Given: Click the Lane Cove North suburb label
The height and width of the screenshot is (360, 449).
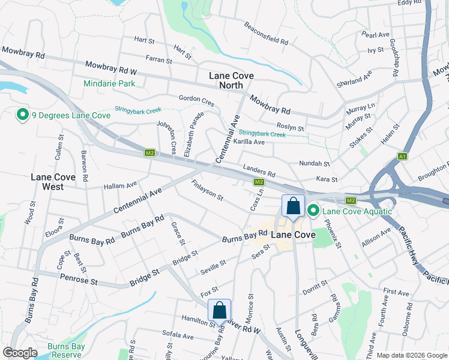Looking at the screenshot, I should [x=231, y=80].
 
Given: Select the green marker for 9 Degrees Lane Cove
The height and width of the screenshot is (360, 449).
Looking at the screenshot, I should [x=23, y=114].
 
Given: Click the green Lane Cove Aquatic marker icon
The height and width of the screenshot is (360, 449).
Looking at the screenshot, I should [x=313, y=211].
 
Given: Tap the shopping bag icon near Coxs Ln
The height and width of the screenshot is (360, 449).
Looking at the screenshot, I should [x=293, y=207].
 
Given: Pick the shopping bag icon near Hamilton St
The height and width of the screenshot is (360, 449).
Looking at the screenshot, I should [x=220, y=311].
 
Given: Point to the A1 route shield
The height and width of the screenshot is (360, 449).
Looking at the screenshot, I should [x=402, y=157].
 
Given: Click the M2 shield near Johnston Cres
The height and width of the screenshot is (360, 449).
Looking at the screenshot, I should [x=150, y=153].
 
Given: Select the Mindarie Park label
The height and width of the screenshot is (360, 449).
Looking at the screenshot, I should [x=110, y=83].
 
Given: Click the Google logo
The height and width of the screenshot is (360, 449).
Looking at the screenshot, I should [x=20, y=353].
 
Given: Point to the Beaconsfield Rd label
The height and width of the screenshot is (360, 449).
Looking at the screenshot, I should [x=266, y=34].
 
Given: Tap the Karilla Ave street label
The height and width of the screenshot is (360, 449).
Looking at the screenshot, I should [x=249, y=142].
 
